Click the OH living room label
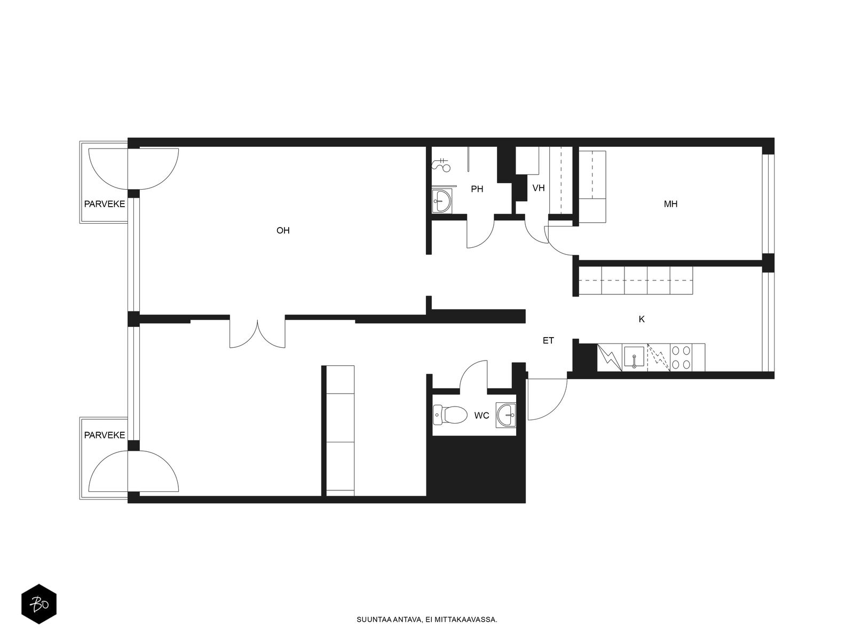pos(283,230)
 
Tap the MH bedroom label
pos(670,204)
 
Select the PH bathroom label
pos(477,189)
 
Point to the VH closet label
pos(539,189)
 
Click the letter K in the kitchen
pos(642,319)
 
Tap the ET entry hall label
pos(548,341)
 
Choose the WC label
pos(481,416)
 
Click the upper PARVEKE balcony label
pos(105,204)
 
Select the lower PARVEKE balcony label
pos(105,435)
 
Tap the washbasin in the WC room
pos(506,415)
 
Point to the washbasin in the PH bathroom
pos(441,201)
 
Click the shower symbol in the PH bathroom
pos(441,166)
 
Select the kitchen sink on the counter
pos(634,357)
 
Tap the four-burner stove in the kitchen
pos(681,357)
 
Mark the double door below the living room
pos(257,333)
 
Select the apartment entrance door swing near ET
pos(547,399)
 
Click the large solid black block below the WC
pos(476,469)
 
